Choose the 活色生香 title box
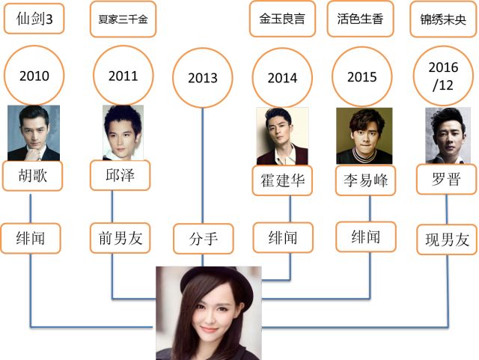361,19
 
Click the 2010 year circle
34,76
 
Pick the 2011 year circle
123,76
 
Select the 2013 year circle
203,78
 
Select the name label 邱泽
120,176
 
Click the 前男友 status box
120,239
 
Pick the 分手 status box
203,240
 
